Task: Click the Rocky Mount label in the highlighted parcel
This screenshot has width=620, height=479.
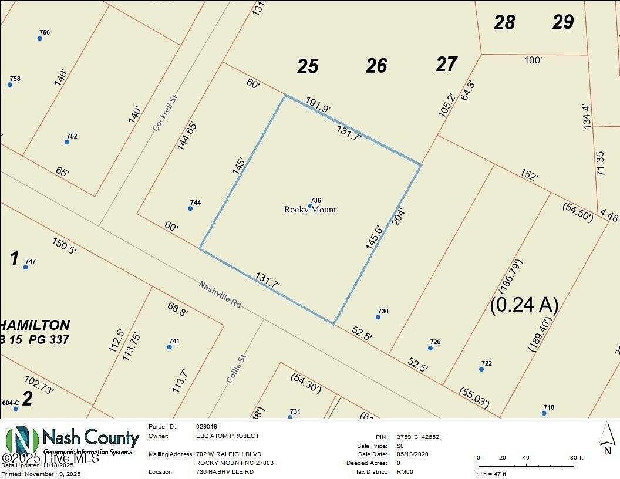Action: click(310, 210)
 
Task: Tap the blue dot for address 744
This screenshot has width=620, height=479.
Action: click(190, 208)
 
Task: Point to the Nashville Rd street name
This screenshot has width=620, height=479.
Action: click(220, 295)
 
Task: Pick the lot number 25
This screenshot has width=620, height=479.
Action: click(308, 67)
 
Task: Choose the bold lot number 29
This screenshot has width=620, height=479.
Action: click(563, 22)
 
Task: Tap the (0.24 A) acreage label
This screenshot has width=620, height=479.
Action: click(524, 304)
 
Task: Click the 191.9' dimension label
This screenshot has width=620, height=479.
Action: click(318, 105)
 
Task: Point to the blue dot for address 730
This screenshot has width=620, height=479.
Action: click(378, 317)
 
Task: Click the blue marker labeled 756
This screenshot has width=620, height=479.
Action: click(40, 38)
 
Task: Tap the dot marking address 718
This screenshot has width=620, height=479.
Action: click(544, 413)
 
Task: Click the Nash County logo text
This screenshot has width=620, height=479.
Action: click(91, 438)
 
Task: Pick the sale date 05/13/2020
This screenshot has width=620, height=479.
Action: click(413, 454)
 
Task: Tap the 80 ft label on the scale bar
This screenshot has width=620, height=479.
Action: click(577, 457)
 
